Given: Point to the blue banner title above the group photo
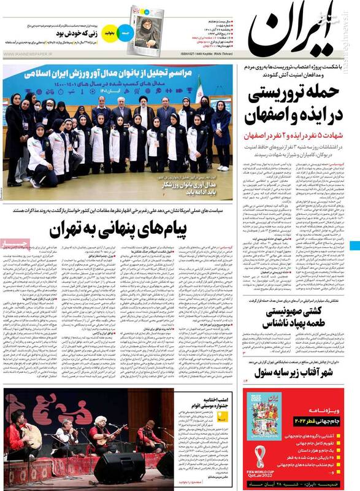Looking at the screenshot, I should [x=120, y=74].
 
